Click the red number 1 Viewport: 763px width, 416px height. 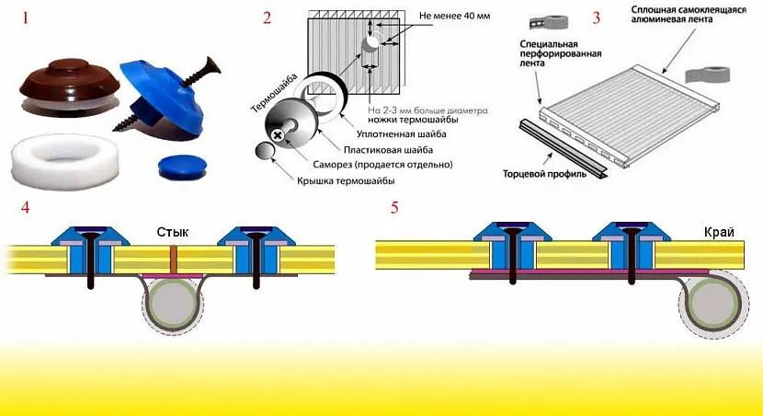(24, 17)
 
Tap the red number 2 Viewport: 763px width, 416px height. (268, 17)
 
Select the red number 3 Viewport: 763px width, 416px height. (598, 17)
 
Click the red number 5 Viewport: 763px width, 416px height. (394, 207)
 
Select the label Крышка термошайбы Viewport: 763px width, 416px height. (341, 182)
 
